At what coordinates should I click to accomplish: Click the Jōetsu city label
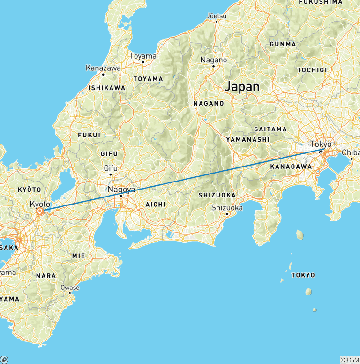(216, 15)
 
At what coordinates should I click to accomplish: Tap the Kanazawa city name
(103, 68)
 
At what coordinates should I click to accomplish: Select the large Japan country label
(242, 87)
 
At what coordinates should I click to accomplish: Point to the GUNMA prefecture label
(283, 44)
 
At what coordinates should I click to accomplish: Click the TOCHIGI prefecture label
(312, 70)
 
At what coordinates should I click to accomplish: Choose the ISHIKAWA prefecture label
(107, 88)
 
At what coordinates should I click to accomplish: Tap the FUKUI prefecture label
(89, 135)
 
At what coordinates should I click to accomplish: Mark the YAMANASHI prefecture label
(247, 139)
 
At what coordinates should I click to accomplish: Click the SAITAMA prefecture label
(270, 129)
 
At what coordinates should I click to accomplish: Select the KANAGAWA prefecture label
(292, 166)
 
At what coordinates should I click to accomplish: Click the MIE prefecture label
(78, 256)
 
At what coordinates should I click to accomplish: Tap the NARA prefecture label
(46, 276)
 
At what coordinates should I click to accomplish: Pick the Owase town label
(70, 288)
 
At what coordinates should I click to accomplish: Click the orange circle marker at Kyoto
(40, 212)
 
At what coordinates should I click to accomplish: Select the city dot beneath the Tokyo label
(321, 152)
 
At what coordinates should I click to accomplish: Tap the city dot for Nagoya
(121, 196)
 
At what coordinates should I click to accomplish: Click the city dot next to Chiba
(352, 159)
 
